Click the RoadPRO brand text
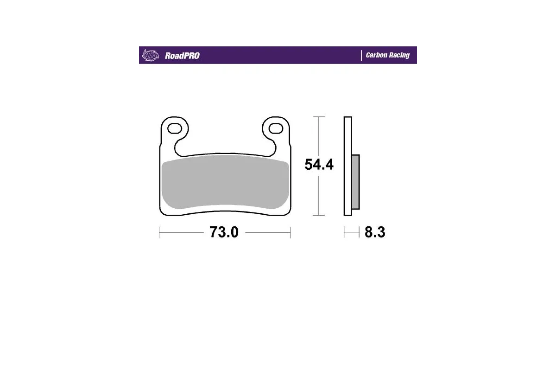[182, 56]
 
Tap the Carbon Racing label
[387, 55]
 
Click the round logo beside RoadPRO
[150, 55]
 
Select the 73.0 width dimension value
[224, 232]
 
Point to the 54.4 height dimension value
[319, 165]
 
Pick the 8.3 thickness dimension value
[375, 232]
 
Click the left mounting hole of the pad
[175, 128]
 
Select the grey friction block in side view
[355, 182]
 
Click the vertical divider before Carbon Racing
[361, 55]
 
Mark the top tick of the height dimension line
[318, 116]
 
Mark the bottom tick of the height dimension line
[318, 216]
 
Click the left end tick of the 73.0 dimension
[159, 232]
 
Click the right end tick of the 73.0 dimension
[290, 232]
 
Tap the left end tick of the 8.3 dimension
[344, 232]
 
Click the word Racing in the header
[399, 55]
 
